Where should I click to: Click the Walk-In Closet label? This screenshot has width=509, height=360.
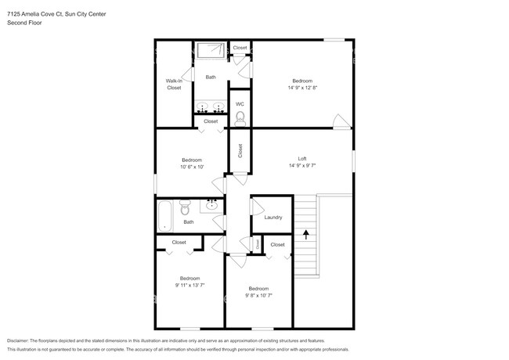173,85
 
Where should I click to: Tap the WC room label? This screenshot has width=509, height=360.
240,104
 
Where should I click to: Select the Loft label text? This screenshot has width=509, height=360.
301,159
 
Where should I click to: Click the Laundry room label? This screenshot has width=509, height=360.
273,218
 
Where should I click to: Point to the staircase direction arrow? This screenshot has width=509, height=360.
305,232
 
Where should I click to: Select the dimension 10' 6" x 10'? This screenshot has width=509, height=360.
191,167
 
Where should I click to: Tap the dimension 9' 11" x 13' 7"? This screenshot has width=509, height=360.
190,285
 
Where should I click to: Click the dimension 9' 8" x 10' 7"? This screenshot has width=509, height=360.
258,295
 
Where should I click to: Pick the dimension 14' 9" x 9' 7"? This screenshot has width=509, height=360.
301,166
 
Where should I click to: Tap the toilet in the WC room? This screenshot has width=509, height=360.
240,118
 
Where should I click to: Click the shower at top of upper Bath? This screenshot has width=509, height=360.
211,51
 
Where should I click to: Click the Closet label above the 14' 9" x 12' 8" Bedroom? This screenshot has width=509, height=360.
240,48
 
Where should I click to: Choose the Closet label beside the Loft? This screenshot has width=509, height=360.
240,150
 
